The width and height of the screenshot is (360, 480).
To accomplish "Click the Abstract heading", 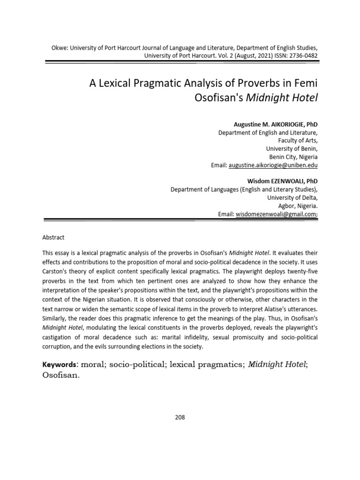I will coord(53,238).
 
